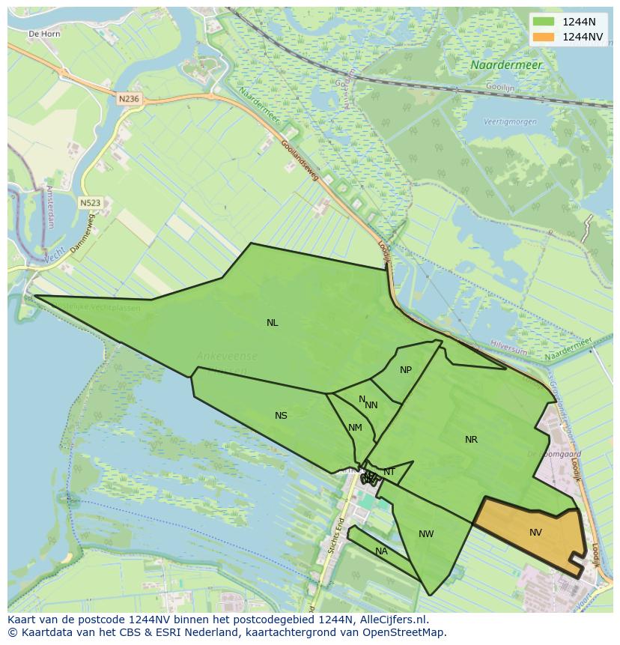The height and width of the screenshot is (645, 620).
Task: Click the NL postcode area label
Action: tap(272, 323)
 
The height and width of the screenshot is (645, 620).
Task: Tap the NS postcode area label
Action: tap(281, 416)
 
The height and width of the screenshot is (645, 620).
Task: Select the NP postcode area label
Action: tap(406, 370)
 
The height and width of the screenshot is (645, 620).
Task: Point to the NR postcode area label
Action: tap(471, 440)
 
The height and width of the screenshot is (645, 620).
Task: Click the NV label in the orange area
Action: tap(535, 533)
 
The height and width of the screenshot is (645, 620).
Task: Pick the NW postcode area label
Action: tap(426, 534)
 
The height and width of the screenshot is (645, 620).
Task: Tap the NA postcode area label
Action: tap(381, 551)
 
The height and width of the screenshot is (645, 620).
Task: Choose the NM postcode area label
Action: tap(355, 428)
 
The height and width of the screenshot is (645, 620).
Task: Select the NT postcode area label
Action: tap(389, 472)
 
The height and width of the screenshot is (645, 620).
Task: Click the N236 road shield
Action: tap(129, 98)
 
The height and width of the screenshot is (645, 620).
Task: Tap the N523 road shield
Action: tap(90, 202)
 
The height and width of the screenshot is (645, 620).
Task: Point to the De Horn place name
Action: tap(43, 34)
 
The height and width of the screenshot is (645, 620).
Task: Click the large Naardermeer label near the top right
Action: tap(506, 65)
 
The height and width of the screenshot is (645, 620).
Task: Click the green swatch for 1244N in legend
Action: tap(544, 21)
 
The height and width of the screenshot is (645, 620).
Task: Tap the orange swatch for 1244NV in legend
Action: tap(544, 36)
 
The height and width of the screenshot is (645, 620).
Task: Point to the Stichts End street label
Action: tap(333, 535)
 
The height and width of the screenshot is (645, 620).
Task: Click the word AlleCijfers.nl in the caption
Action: tap(392, 620)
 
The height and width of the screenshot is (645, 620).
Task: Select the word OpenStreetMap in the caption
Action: tap(404, 632)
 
